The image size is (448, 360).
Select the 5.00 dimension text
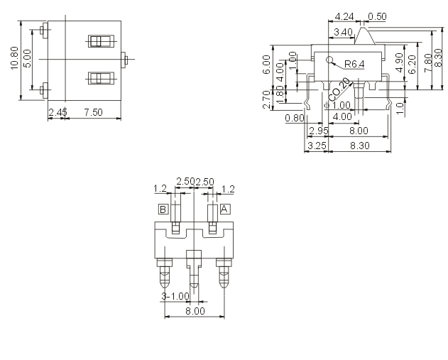pos(27,59)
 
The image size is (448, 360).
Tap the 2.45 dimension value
pos(58,113)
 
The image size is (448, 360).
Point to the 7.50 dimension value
pos(94,113)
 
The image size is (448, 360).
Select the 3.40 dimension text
pos(344,31)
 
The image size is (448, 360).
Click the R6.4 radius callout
pos(354,65)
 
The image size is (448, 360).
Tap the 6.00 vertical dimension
pos(267,65)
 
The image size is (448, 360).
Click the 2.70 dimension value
pos(267,99)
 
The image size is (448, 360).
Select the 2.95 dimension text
pos(319,131)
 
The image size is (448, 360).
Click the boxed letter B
pos(163,209)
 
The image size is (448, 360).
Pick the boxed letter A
pos(224,209)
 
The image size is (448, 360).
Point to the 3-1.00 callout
pos(176,295)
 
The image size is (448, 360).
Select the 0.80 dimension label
pos(293,118)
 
